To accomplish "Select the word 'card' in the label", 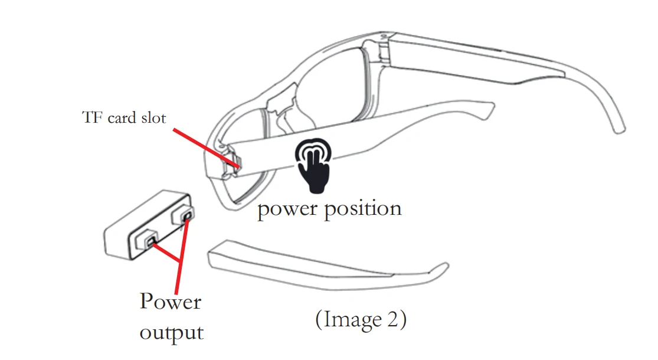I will pos(123,117).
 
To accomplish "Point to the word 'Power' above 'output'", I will pos(170,302).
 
